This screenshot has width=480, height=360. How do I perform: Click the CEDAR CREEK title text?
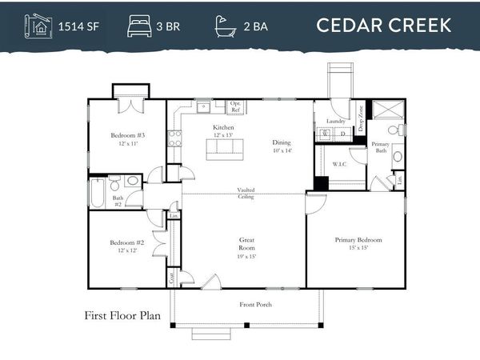click(x=383, y=25)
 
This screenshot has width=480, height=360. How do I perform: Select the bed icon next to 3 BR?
click(x=138, y=26)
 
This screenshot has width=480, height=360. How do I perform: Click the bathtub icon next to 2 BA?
click(x=226, y=26)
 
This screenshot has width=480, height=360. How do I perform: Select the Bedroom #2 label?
click(x=126, y=246)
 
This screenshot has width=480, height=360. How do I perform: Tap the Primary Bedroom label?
click(x=358, y=243)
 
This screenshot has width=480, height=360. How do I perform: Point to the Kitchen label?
click(x=223, y=128)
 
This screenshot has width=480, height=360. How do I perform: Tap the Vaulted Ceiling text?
click(x=246, y=193)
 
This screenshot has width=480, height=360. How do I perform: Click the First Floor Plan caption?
click(x=122, y=315)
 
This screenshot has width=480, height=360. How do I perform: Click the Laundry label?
click(x=335, y=122)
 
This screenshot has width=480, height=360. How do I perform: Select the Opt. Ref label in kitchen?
click(x=236, y=106)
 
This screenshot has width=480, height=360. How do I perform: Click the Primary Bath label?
click(x=381, y=147)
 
